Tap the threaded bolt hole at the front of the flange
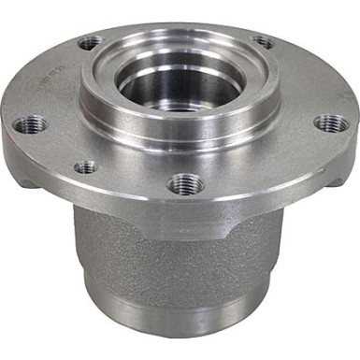pos(183,183)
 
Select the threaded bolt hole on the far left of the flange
pos(34,123)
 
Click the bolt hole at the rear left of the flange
pos(91,42)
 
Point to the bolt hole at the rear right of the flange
pos(263,42)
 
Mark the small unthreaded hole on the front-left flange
pos(85,167)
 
